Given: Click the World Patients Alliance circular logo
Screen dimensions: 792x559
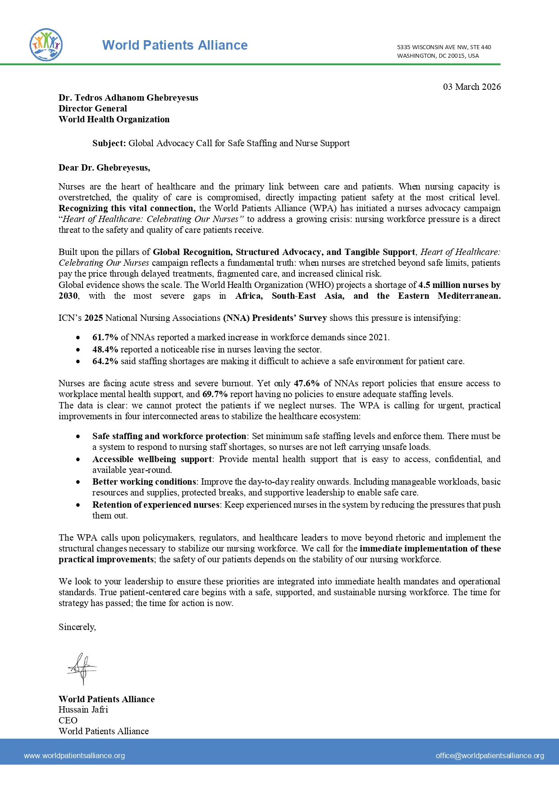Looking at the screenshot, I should (x=46, y=45).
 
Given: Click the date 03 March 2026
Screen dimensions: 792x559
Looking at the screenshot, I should (x=472, y=87).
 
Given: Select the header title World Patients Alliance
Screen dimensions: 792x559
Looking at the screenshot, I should (x=175, y=45).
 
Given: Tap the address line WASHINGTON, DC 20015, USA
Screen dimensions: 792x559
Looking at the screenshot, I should (x=438, y=56).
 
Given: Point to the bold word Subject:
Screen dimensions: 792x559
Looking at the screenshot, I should (x=109, y=144).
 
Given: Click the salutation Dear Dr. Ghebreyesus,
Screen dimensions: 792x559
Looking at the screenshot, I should (x=104, y=168).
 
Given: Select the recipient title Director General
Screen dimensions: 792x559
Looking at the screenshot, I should (x=93, y=108).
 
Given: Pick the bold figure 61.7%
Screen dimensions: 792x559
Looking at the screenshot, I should (x=105, y=338).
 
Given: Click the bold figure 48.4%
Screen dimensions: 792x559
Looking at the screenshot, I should (x=105, y=350).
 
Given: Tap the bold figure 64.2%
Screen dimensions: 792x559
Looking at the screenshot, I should (x=105, y=361).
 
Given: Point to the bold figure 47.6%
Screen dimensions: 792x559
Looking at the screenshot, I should (x=307, y=384).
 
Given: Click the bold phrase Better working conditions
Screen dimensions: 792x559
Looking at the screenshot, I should (x=144, y=482).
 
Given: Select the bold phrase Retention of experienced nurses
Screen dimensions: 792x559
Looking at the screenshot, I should (x=156, y=505).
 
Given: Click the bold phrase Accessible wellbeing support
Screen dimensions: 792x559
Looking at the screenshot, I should (x=152, y=459).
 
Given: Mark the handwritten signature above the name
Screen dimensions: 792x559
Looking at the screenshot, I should (x=82, y=668).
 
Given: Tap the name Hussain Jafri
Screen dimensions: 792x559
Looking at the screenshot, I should (x=83, y=710).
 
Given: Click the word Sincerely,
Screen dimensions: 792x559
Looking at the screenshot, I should (x=77, y=627).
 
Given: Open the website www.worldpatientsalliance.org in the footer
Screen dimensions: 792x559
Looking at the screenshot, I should (x=74, y=756).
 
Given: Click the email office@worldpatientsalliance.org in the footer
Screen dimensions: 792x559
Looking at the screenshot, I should (x=490, y=756).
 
